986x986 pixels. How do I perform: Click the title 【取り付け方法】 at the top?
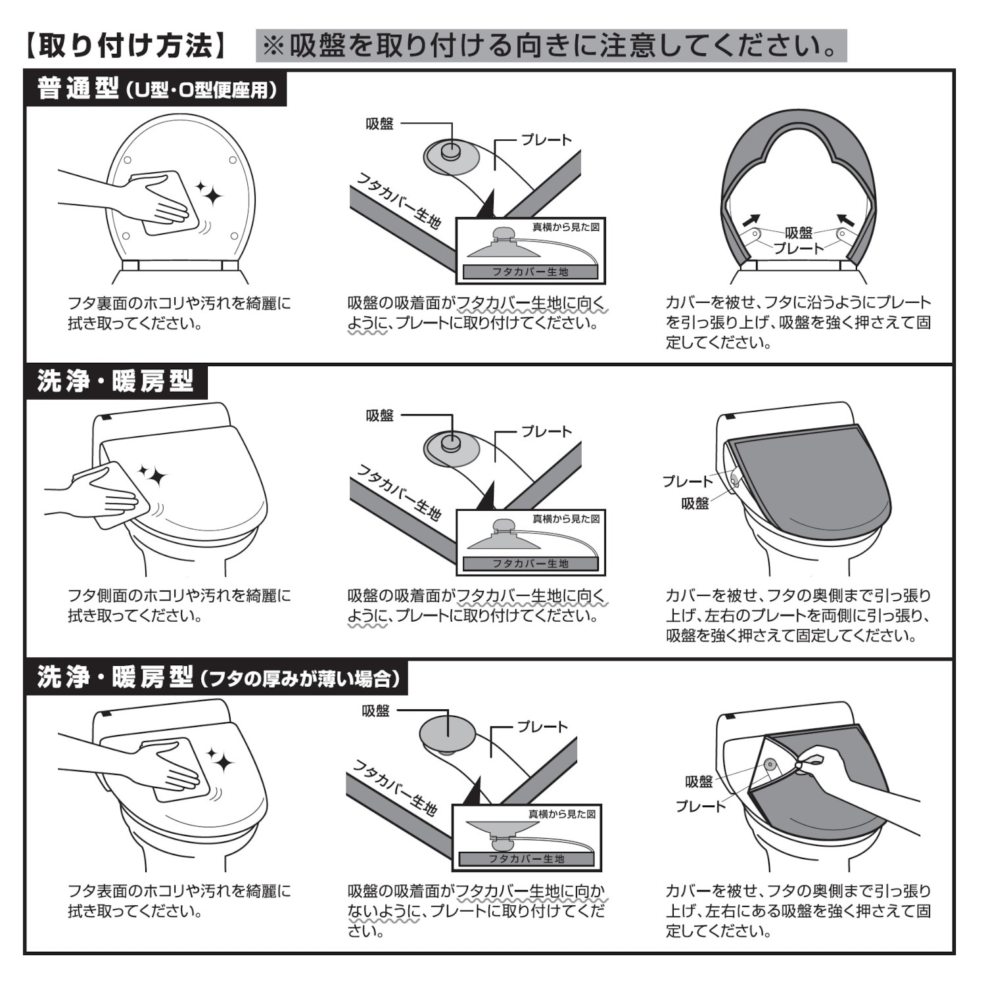click(x=126, y=46)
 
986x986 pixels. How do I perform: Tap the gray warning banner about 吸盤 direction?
click(x=551, y=46)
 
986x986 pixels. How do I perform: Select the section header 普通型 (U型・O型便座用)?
click(x=156, y=88)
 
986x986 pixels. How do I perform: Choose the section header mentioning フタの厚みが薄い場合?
click(x=217, y=677)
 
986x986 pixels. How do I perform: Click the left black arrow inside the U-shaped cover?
click(x=751, y=221)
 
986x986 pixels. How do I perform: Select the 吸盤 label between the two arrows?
click(x=799, y=233)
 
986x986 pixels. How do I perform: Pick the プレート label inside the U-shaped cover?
click(x=799, y=248)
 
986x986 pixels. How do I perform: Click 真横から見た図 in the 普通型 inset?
click(x=566, y=227)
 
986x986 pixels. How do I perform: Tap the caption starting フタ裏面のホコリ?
click(x=179, y=314)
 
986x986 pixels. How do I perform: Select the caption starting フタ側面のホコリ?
click(x=179, y=605)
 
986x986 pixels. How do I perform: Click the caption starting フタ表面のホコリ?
click(x=179, y=901)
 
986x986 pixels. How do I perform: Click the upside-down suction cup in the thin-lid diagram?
click(x=447, y=733)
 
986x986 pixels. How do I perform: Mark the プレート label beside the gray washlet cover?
click(x=687, y=481)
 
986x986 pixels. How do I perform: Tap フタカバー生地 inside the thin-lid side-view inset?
click(x=527, y=858)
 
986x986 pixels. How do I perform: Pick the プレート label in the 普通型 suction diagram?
click(x=546, y=140)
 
